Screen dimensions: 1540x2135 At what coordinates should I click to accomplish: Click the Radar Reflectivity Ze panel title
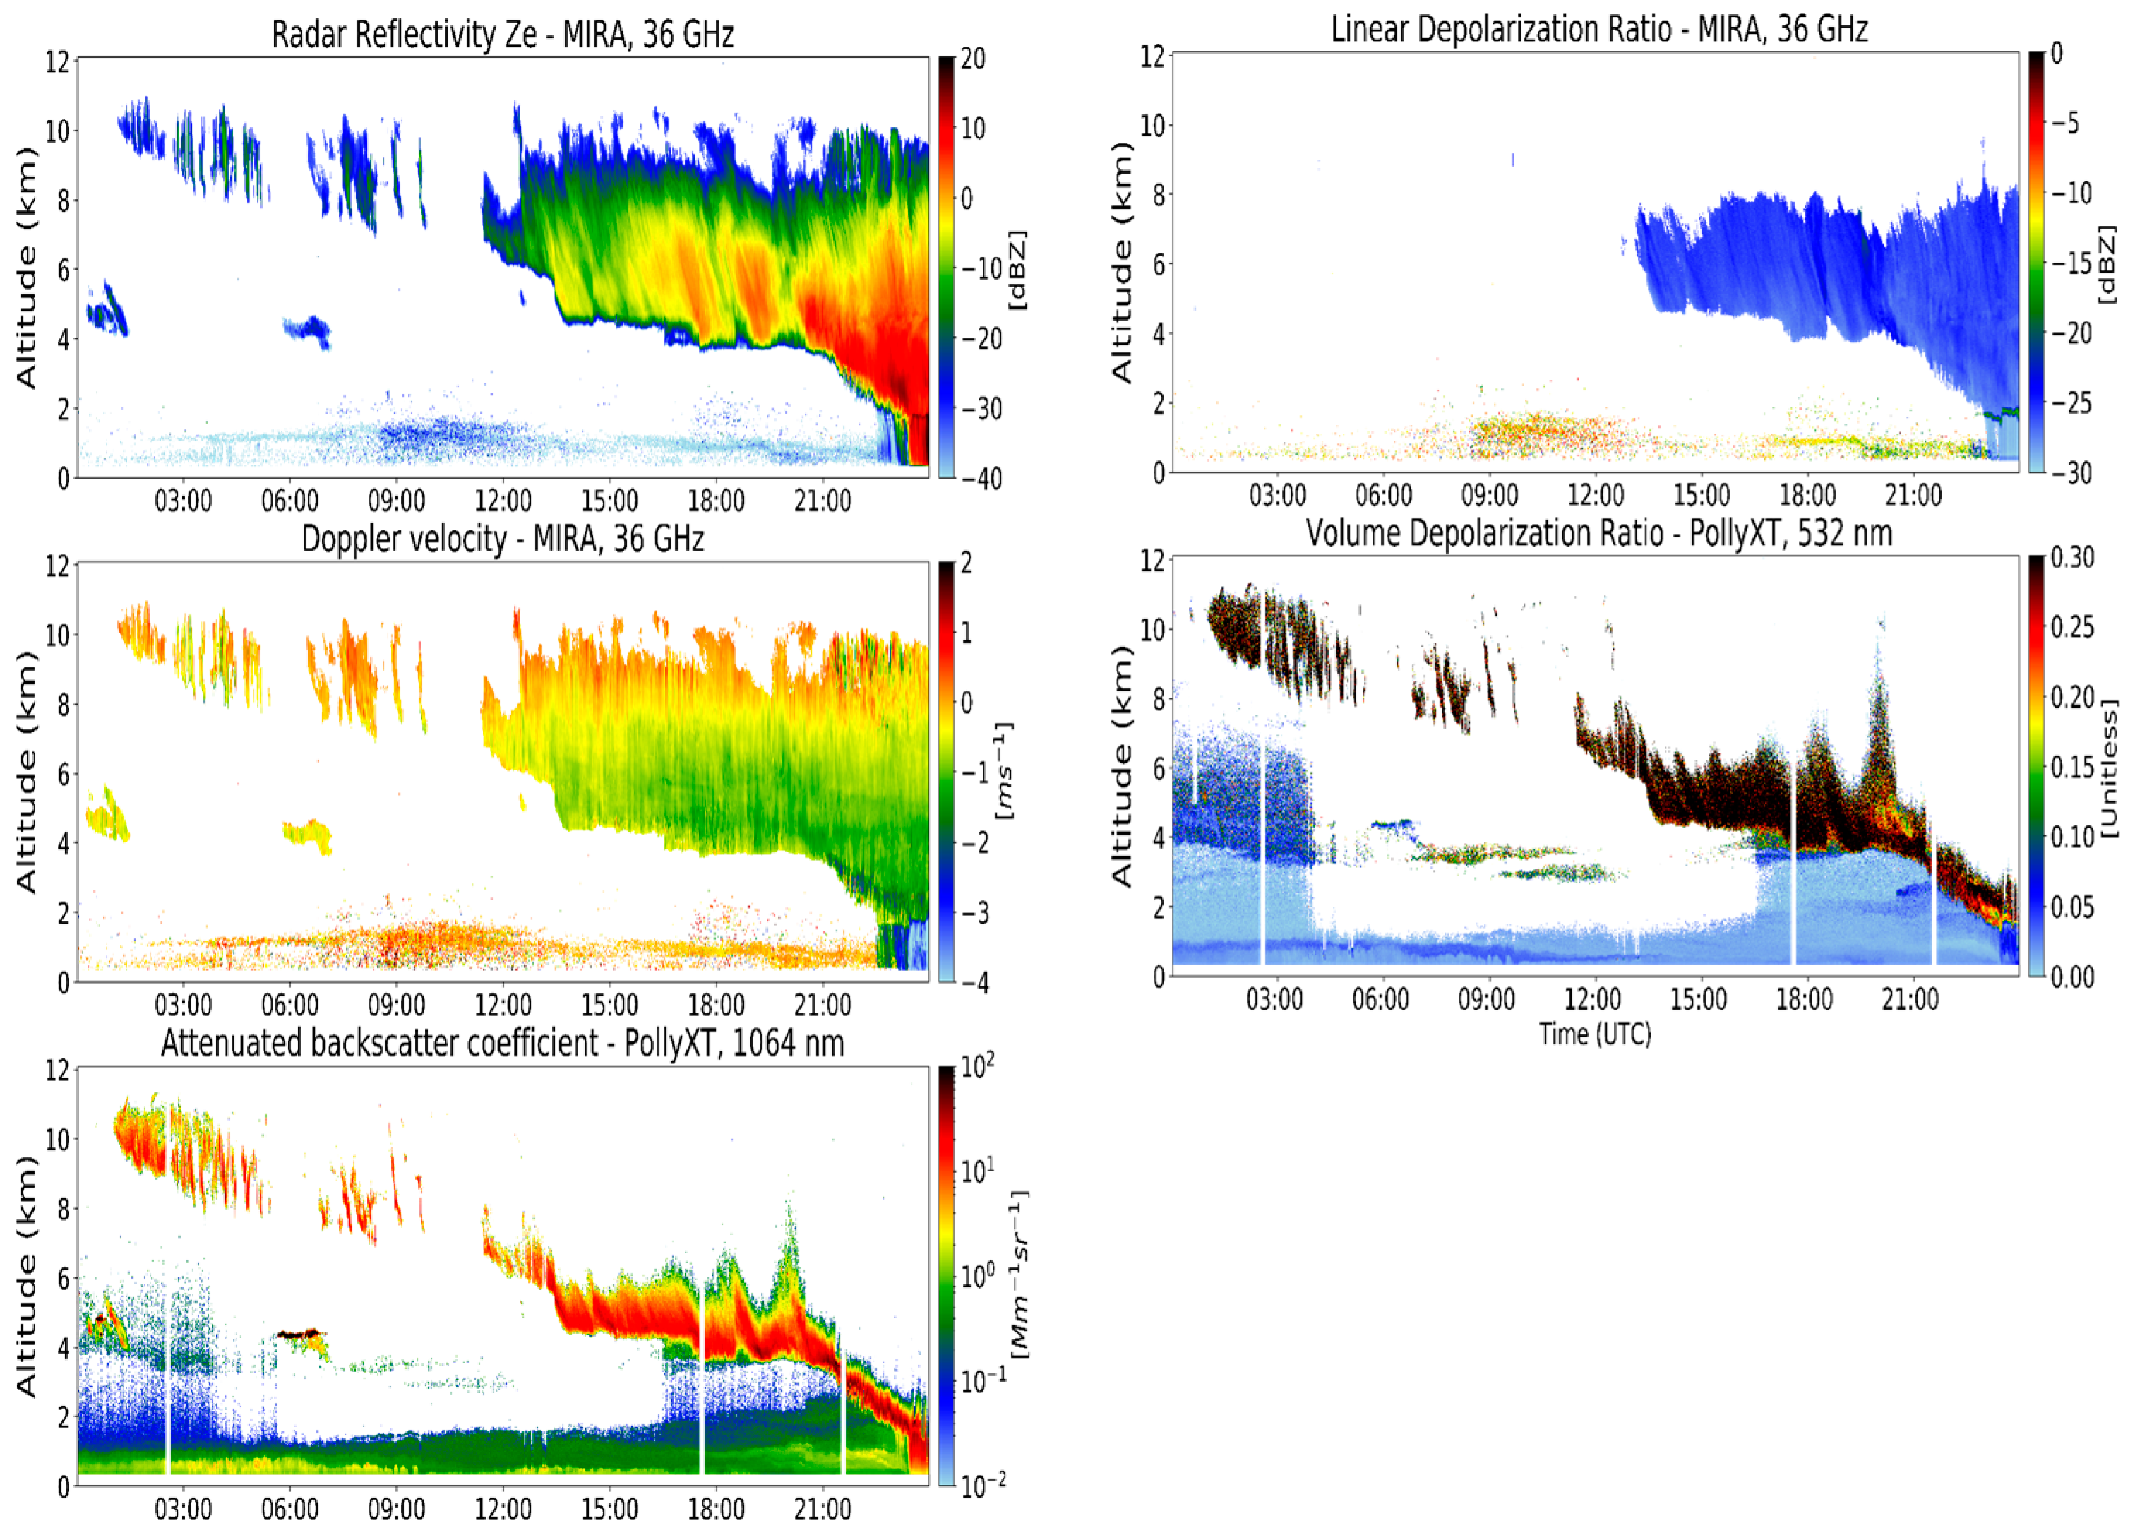click(x=502, y=34)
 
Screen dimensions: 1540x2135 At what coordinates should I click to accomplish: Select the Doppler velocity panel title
click(x=502, y=539)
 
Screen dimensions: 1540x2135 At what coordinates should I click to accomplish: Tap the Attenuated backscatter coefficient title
click(x=502, y=1043)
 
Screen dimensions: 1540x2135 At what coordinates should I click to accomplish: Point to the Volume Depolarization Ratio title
click(x=1598, y=534)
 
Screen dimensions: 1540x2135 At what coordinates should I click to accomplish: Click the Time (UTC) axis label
click(x=1595, y=1034)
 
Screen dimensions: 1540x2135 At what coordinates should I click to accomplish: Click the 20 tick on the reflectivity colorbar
click(x=972, y=59)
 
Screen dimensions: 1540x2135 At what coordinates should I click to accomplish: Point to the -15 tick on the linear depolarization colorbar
click(x=2071, y=263)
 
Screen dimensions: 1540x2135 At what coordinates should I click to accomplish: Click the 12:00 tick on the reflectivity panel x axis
click(x=502, y=501)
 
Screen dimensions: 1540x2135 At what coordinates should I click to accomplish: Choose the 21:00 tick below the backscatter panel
click(x=822, y=1510)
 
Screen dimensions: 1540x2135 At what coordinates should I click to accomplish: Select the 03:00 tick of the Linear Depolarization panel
click(x=1276, y=495)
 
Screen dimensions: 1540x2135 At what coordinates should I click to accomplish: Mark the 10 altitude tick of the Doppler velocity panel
click(x=57, y=635)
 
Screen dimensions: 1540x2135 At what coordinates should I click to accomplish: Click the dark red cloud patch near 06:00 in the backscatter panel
click(x=299, y=1334)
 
